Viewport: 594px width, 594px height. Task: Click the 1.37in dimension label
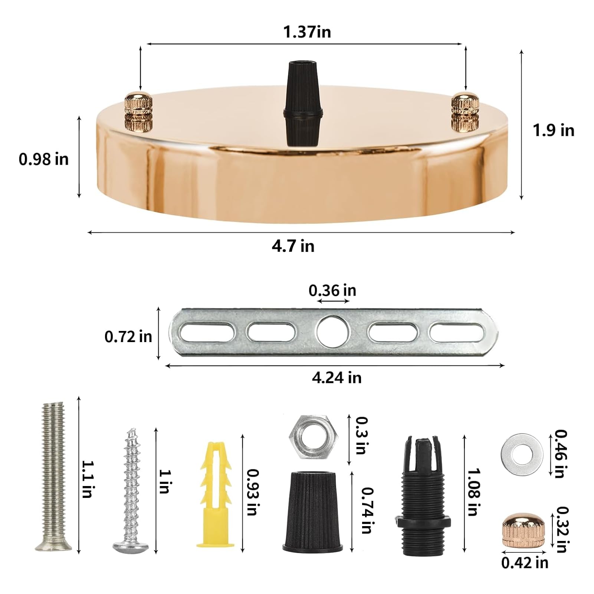[307, 32]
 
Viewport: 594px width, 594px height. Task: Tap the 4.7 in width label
[293, 246]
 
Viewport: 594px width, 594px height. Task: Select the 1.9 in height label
[553, 131]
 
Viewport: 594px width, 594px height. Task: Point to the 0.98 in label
[44, 160]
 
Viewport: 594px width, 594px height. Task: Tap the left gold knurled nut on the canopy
[138, 106]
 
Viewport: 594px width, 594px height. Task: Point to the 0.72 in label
[128, 337]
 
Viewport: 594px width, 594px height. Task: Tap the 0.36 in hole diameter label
[332, 291]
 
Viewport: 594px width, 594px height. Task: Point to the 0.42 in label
[525, 563]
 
